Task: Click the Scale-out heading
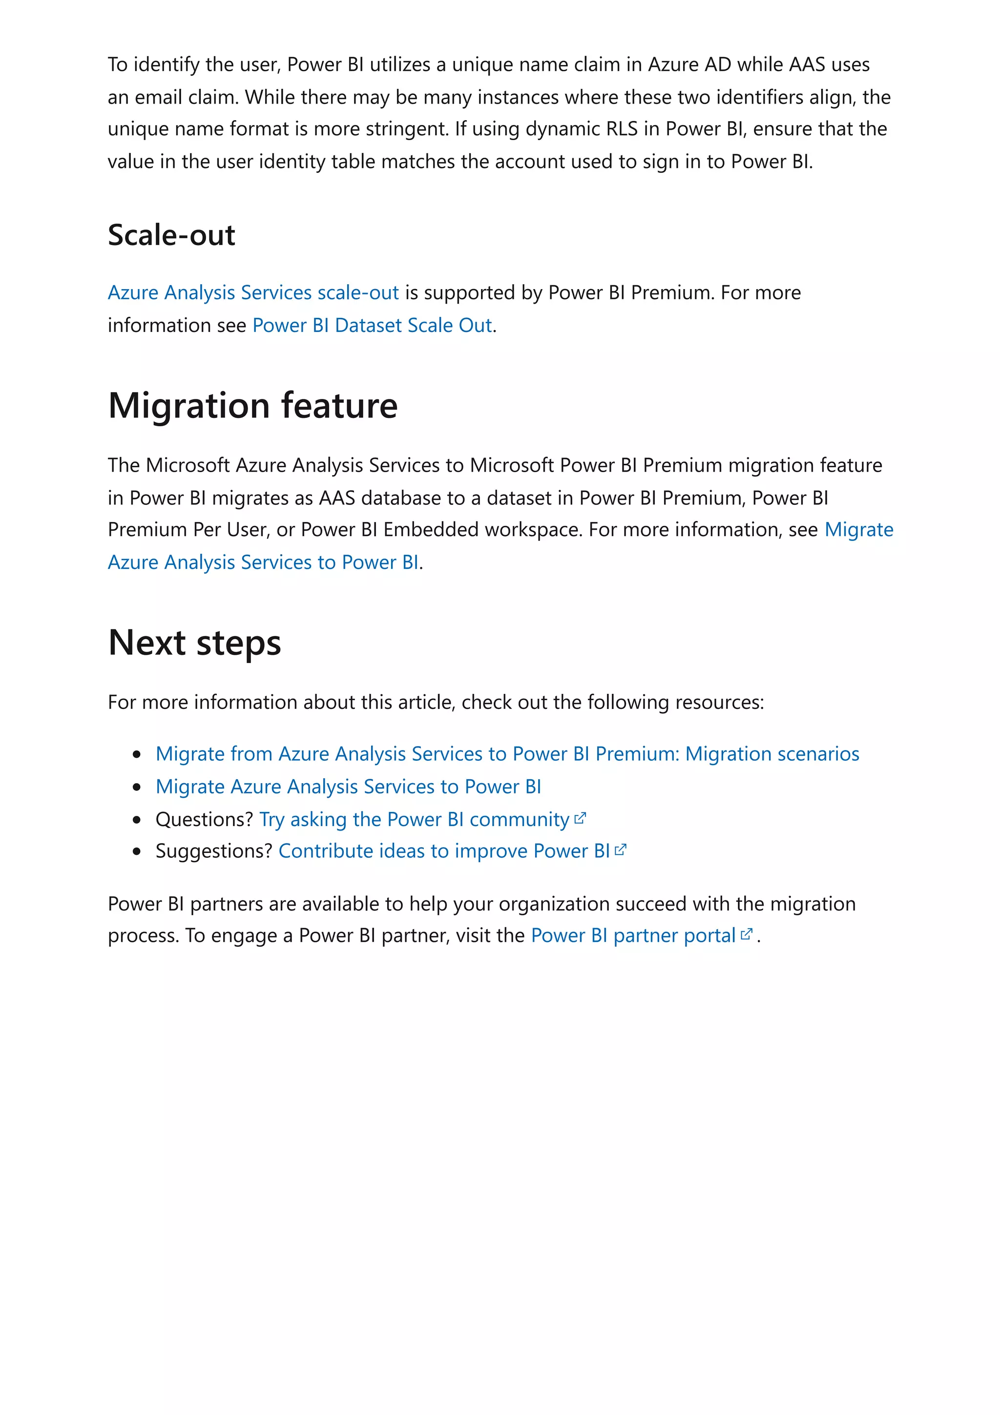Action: [171, 235]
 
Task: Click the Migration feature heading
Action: [252, 406]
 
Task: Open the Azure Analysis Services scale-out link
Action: [253, 293]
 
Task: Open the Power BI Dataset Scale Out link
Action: [372, 325]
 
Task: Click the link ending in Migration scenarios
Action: [507, 754]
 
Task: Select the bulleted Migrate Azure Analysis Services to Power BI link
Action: [348, 787]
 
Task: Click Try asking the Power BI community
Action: [414, 820]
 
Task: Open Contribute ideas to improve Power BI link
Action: [444, 851]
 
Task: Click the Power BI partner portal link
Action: [633, 936]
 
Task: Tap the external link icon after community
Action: [580, 818]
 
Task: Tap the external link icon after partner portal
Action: [746, 934]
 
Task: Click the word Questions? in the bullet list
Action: [204, 820]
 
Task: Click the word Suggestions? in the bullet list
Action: [214, 851]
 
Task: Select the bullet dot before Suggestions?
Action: [137, 852]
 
